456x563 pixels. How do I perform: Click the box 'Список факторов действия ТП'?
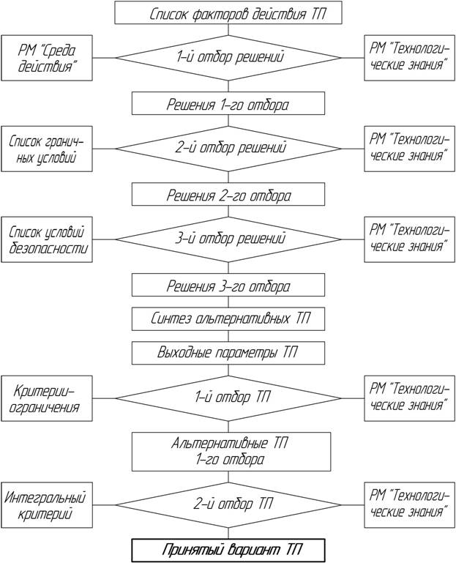[228, 12]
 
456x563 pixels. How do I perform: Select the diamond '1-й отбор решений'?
[228, 58]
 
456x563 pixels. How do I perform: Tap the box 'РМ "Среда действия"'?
[47, 58]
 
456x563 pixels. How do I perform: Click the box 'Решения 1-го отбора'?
[228, 103]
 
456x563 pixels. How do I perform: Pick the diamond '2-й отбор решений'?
[228, 149]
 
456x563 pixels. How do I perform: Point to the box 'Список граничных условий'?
[47, 149]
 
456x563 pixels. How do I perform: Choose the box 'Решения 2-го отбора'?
[228, 194]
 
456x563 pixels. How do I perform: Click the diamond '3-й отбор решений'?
[228, 239]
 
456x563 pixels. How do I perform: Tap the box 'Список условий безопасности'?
[47, 239]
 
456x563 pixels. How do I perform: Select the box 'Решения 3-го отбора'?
[228, 285]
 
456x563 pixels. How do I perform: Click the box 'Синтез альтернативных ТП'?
[228, 319]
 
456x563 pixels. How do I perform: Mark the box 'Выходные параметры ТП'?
[228, 353]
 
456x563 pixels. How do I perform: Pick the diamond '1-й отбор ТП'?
[228, 398]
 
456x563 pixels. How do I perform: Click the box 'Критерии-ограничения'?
[47, 398]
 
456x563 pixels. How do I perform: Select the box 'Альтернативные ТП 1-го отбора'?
[231, 452]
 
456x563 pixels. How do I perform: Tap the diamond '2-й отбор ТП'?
[228, 505]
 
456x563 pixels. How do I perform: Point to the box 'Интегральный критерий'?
[47, 505]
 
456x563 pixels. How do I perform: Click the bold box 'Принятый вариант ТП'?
[228, 550]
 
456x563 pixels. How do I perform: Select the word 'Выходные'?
[184, 353]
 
